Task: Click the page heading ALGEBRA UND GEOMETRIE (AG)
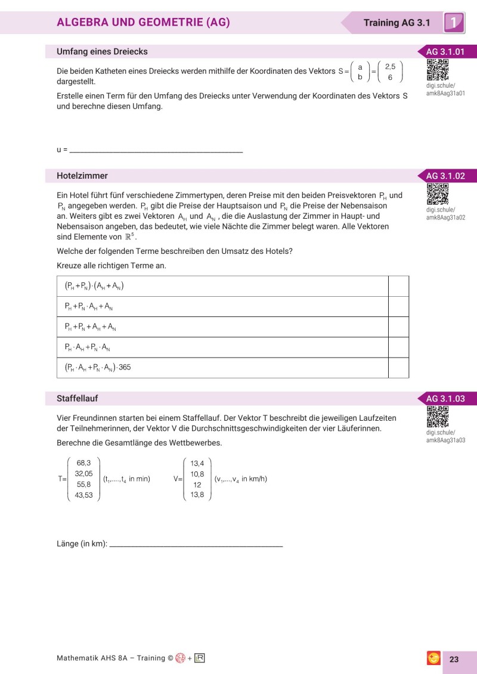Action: (x=143, y=23)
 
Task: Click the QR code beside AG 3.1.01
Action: (x=438, y=70)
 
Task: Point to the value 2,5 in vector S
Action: (x=390, y=67)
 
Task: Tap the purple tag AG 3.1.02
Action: (x=445, y=176)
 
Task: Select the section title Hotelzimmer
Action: (x=82, y=176)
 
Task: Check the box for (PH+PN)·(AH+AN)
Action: (x=398, y=286)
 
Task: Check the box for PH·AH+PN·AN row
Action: (x=398, y=347)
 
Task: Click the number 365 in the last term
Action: (x=125, y=368)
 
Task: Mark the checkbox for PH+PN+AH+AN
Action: (x=398, y=327)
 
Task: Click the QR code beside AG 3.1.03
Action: (x=438, y=416)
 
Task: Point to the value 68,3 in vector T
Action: (x=83, y=462)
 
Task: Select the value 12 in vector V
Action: (x=197, y=484)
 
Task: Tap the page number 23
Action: (x=454, y=659)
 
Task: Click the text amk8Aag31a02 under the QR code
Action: (x=445, y=218)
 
